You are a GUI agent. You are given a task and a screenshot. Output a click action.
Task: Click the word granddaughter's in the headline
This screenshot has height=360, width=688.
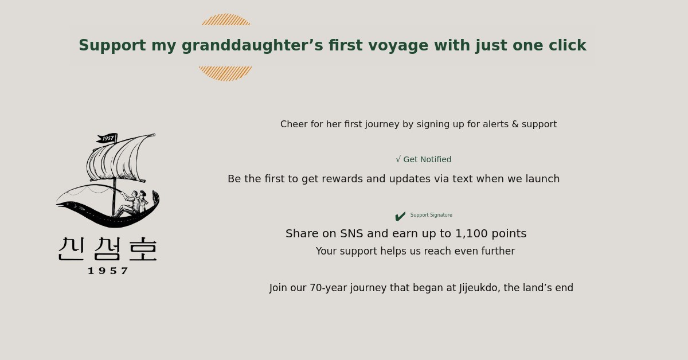pos(252,45)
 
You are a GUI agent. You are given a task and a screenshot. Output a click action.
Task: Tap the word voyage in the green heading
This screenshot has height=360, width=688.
pos(398,46)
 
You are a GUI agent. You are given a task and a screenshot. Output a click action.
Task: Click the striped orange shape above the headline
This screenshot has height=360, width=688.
pos(226,19)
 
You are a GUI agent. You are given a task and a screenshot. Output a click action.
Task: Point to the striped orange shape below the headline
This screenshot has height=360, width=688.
pos(225,73)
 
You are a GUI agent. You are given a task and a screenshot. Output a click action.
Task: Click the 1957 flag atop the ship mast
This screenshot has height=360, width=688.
pos(107,138)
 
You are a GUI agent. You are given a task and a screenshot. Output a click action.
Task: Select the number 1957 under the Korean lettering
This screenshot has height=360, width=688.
pos(108,271)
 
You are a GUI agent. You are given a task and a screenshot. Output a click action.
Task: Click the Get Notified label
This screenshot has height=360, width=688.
pos(424,159)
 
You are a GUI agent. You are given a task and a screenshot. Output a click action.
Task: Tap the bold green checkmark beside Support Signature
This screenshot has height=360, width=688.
pos(400,216)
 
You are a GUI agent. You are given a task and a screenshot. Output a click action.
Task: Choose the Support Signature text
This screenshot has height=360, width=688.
pos(431,215)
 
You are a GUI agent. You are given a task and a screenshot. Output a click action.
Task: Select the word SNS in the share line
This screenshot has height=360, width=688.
pos(351,233)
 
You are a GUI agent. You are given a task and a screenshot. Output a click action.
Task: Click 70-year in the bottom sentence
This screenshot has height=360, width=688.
pos(329,288)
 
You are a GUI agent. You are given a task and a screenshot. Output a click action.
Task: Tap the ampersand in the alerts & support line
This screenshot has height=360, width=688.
pos(515,124)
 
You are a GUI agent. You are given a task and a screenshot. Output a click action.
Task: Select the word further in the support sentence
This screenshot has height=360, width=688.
pos(498,251)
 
